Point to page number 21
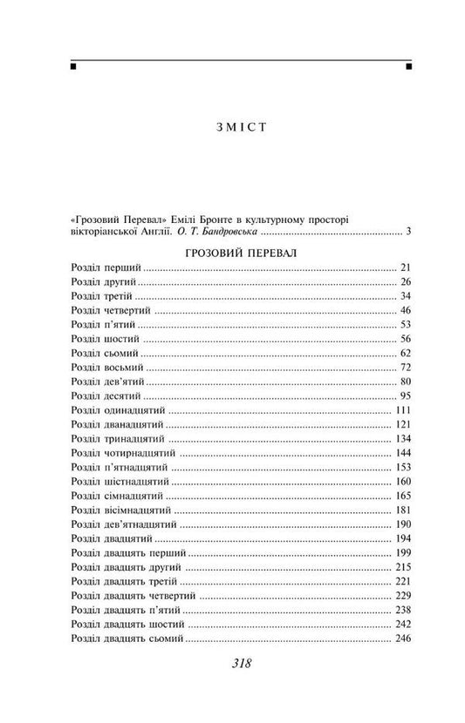tap(403, 267)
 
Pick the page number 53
tap(403, 324)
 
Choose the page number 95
tap(403, 396)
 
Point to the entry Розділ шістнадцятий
tap(117, 483)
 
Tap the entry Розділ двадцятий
tap(108, 540)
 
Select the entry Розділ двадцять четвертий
tap(133, 597)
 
